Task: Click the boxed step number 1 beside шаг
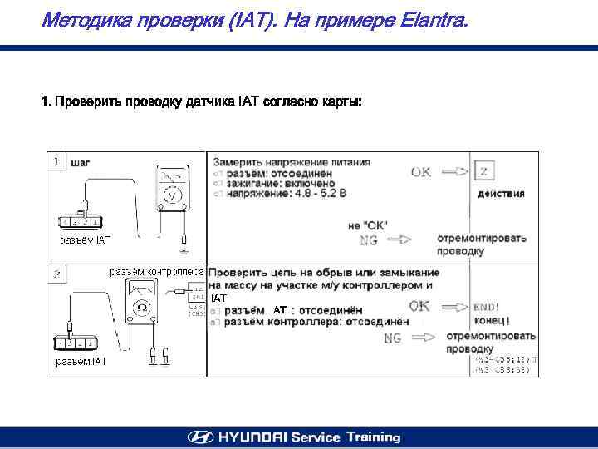click(56, 162)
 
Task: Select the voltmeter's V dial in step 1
click(172, 196)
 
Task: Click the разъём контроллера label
click(157, 272)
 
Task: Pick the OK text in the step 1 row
click(422, 173)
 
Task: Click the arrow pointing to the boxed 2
click(455, 173)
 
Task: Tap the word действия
click(501, 194)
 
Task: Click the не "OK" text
click(367, 225)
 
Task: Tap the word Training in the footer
click(374, 437)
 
